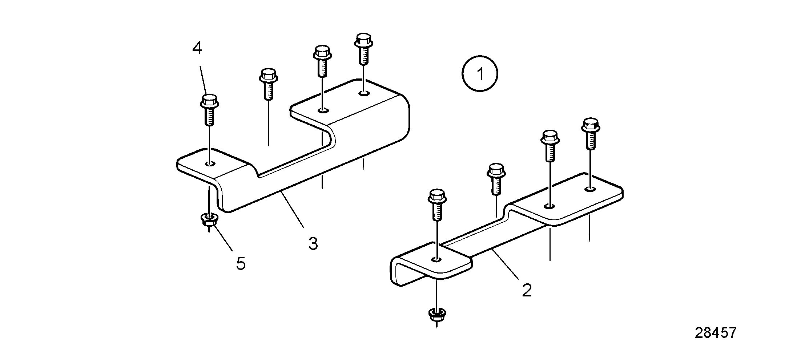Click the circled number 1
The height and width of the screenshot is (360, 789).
480,74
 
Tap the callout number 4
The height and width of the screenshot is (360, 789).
197,48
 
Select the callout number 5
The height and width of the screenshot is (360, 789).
241,263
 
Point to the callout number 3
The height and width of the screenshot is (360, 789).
313,243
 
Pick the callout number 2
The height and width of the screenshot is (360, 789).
527,290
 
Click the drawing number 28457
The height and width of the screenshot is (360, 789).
716,333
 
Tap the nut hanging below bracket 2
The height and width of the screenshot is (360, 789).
437,314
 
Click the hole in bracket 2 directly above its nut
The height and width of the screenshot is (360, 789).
437,259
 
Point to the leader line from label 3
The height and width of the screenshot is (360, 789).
293,210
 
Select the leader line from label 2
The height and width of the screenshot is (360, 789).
505,264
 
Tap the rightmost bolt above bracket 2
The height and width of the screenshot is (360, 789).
591,133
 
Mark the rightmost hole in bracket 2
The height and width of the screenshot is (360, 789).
591,189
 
